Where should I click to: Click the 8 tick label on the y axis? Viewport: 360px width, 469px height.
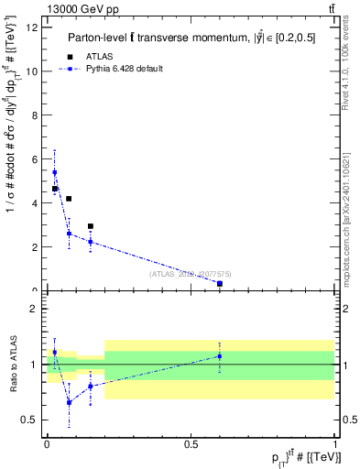(33, 115)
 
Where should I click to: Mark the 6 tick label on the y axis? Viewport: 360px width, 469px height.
(33, 159)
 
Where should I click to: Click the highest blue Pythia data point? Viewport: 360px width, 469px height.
(54, 172)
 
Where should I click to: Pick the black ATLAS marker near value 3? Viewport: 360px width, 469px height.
(90, 226)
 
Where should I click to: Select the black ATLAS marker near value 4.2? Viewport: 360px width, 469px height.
(69, 199)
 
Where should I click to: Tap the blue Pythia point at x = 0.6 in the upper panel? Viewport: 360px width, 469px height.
(220, 284)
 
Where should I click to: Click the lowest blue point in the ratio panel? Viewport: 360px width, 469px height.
(69, 402)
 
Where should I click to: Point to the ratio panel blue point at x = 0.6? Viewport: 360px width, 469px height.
(220, 355)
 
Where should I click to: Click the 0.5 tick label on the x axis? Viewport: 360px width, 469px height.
(191, 443)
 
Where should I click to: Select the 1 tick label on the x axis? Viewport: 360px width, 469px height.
(335, 443)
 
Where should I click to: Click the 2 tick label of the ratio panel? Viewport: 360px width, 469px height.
(33, 309)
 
